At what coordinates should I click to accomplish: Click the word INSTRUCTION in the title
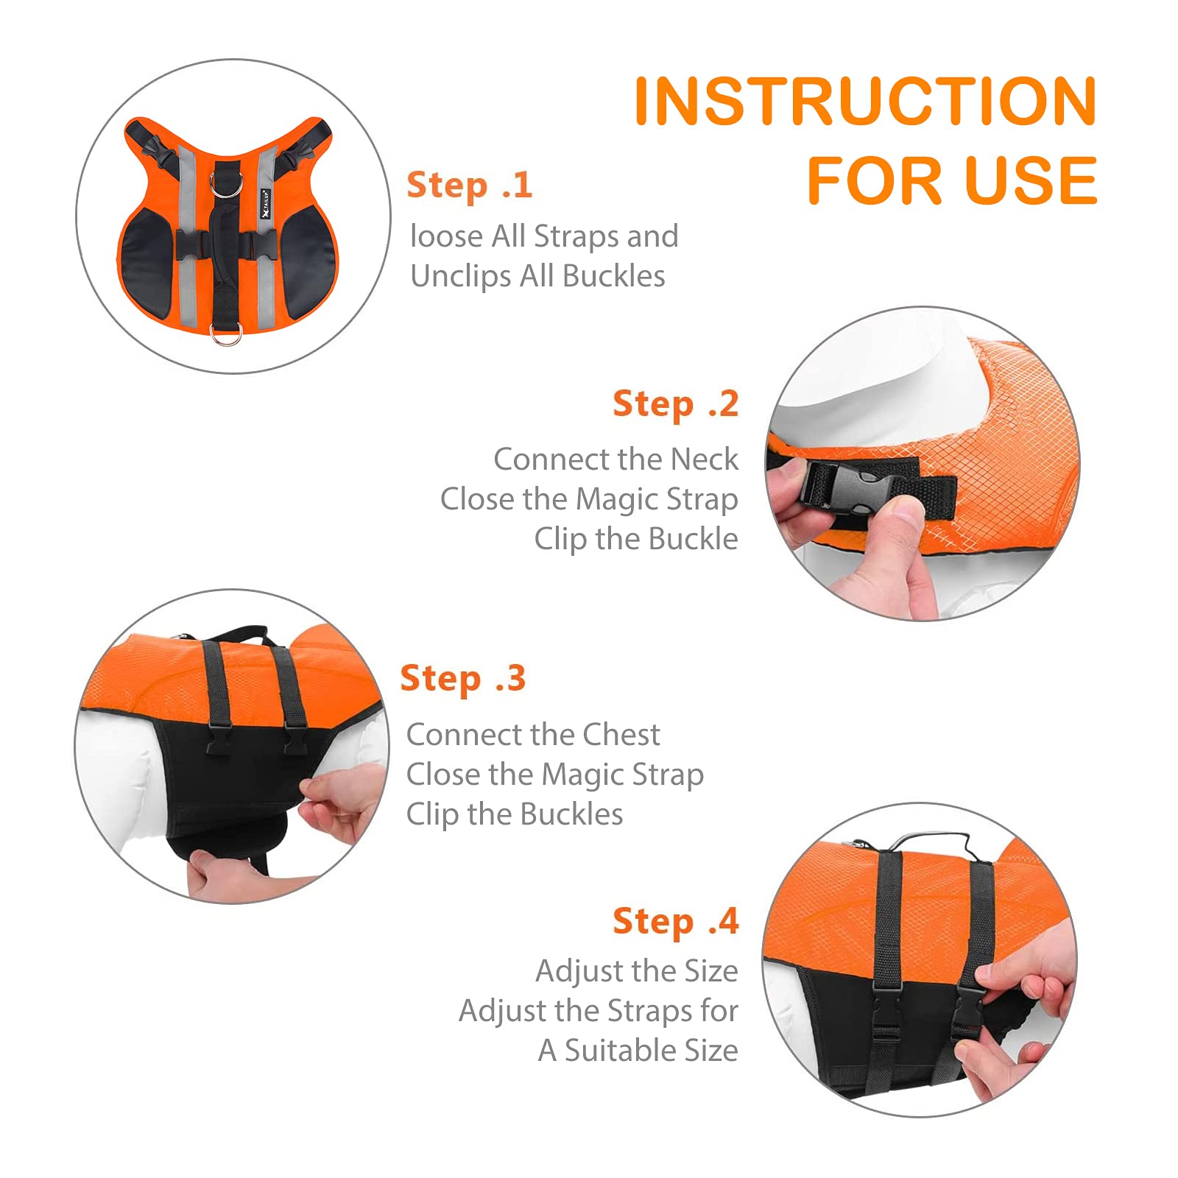[865, 101]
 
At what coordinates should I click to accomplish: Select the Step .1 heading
[470, 185]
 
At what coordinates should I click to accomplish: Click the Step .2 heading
[675, 403]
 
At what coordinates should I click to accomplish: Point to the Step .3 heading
[463, 678]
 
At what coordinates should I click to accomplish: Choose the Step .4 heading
[675, 921]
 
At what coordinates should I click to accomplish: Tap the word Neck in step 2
[705, 459]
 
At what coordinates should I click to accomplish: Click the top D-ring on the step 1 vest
[225, 183]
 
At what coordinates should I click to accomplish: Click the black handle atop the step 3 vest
[236, 634]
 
